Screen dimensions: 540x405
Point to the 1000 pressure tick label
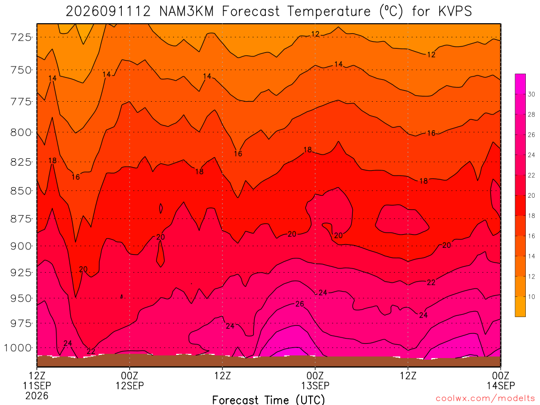pyautogui.click(x=17, y=348)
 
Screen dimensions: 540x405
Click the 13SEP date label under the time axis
pyautogui.click(x=315, y=385)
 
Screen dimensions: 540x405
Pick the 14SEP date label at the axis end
pyautogui.click(x=500, y=385)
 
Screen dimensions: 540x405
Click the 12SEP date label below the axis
pyautogui.click(x=130, y=385)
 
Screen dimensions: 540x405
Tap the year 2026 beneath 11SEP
pyautogui.click(x=37, y=396)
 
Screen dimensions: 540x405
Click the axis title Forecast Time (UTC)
pyautogui.click(x=268, y=400)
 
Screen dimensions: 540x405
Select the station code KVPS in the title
pyautogui.click(x=455, y=12)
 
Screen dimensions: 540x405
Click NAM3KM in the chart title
pyautogui.click(x=186, y=12)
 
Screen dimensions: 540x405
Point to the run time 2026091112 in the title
pyautogui.click(x=108, y=12)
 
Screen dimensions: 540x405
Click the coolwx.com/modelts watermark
pyautogui.click(x=485, y=399)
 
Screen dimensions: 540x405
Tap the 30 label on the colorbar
pyautogui.click(x=532, y=94)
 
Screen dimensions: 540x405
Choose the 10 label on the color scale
pyautogui.click(x=532, y=297)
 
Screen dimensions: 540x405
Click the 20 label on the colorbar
pyautogui.click(x=532, y=196)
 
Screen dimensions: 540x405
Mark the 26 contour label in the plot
pyautogui.click(x=300, y=304)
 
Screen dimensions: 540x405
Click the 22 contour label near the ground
pyautogui.click(x=91, y=351)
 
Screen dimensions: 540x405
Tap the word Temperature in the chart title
pyautogui.click(x=329, y=12)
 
